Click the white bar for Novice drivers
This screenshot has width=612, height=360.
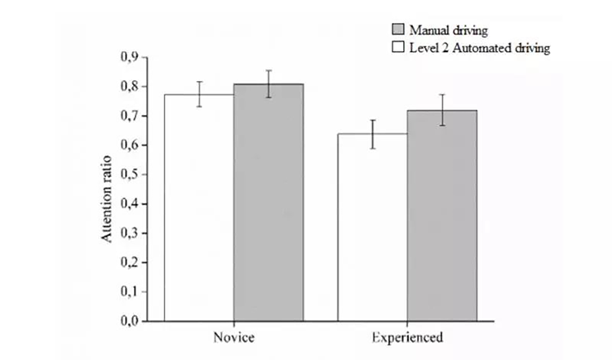tap(198, 207)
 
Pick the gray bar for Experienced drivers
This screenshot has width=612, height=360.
tap(441, 216)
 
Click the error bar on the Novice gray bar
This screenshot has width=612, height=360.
tap(268, 84)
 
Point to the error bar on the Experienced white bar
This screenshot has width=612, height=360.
tap(372, 134)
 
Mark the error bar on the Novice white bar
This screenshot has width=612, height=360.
tap(198, 94)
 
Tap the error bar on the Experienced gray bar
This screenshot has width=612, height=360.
tap(441, 110)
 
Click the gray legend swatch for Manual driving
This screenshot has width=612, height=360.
tap(398, 31)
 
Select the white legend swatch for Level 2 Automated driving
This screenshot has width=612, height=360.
tap(398, 47)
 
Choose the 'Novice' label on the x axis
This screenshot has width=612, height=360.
tap(233, 337)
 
